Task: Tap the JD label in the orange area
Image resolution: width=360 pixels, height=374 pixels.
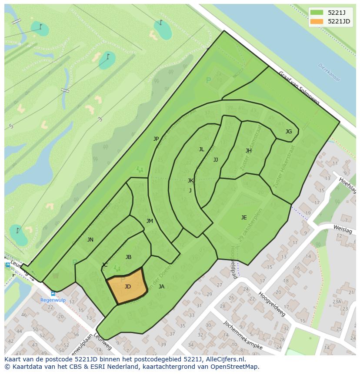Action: point(127,287)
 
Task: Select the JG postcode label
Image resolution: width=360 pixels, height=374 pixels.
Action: point(289,132)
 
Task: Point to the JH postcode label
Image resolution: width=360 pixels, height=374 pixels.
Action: point(248,151)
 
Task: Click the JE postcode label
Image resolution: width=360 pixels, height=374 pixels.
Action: point(244,218)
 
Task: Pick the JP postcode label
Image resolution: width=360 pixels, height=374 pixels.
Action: point(156,139)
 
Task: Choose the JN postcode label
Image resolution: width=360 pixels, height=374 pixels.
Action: point(90,240)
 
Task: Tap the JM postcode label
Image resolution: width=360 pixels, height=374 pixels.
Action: point(150,221)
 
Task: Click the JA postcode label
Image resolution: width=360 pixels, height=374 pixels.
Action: point(161,287)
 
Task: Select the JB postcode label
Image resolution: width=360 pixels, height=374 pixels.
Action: point(128,257)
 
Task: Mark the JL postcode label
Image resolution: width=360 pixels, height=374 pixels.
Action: point(201,149)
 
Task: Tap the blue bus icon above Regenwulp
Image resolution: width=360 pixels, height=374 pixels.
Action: point(53,293)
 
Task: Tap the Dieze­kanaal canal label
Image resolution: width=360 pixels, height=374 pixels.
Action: point(329,72)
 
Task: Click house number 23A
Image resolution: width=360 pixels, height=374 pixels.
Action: point(337,301)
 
